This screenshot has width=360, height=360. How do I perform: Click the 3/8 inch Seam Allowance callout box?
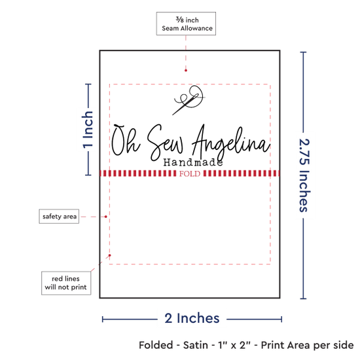click(x=186, y=24)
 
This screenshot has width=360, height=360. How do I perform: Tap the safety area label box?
click(x=59, y=216)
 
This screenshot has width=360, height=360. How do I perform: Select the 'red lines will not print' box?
click(x=66, y=283)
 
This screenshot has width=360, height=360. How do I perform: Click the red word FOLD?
click(x=190, y=174)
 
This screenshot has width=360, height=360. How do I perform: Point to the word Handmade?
click(x=193, y=162)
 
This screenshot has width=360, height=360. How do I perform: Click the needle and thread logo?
click(x=189, y=100)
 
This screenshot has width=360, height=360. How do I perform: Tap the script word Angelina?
click(x=231, y=142)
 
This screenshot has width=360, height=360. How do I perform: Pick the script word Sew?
click(x=166, y=142)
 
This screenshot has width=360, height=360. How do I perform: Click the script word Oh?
click(x=126, y=140)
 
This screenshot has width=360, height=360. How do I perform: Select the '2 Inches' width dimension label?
click(x=192, y=319)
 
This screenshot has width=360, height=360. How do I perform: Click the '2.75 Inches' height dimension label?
click(x=304, y=175)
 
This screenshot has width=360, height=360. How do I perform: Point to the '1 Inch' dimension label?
click(x=88, y=129)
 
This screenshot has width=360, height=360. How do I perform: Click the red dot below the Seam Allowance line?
click(x=186, y=70)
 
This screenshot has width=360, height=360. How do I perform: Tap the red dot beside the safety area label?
click(x=106, y=217)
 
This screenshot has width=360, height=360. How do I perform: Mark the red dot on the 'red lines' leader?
click(x=110, y=255)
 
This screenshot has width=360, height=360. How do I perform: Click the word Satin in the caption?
click(x=196, y=346)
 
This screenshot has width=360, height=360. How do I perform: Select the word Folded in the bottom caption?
click(x=156, y=346)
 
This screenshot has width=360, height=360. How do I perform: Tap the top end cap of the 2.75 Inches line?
click(x=303, y=52)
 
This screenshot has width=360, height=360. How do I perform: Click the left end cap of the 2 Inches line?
click(x=103, y=319)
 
